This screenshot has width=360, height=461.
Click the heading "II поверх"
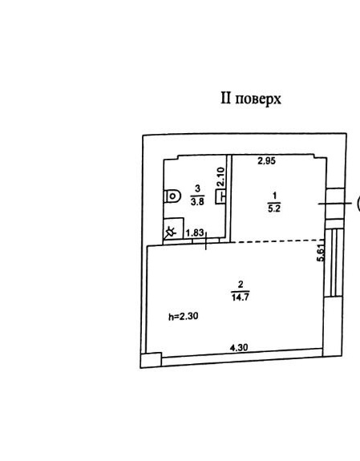click(251, 99)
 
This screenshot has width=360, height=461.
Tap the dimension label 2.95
click(266, 161)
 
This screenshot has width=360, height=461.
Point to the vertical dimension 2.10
click(220, 176)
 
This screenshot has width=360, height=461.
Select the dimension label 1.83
click(195, 233)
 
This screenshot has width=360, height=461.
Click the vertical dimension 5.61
click(321, 253)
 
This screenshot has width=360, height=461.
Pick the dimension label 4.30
click(239, 347)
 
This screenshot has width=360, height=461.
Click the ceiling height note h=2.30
click(184, 317)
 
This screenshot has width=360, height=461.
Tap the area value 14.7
click(241, 297)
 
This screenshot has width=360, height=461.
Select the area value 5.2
click(274, 208)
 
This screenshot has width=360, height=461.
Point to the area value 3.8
click(197, 201)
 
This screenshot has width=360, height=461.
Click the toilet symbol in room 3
click(172, 196)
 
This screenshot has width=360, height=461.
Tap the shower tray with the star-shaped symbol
click(173, 228)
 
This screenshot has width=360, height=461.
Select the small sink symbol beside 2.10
click(220, 196)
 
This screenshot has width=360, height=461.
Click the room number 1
click(275, 196)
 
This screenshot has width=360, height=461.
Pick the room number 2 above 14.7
click(241, 285)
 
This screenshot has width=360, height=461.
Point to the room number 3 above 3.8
click(198, 188)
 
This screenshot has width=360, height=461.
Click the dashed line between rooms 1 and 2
click(277, 241)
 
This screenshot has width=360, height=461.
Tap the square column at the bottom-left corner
click(151, 360)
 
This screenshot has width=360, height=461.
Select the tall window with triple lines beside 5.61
click(334, 262)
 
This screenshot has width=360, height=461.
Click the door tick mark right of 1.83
click(206, 241)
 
